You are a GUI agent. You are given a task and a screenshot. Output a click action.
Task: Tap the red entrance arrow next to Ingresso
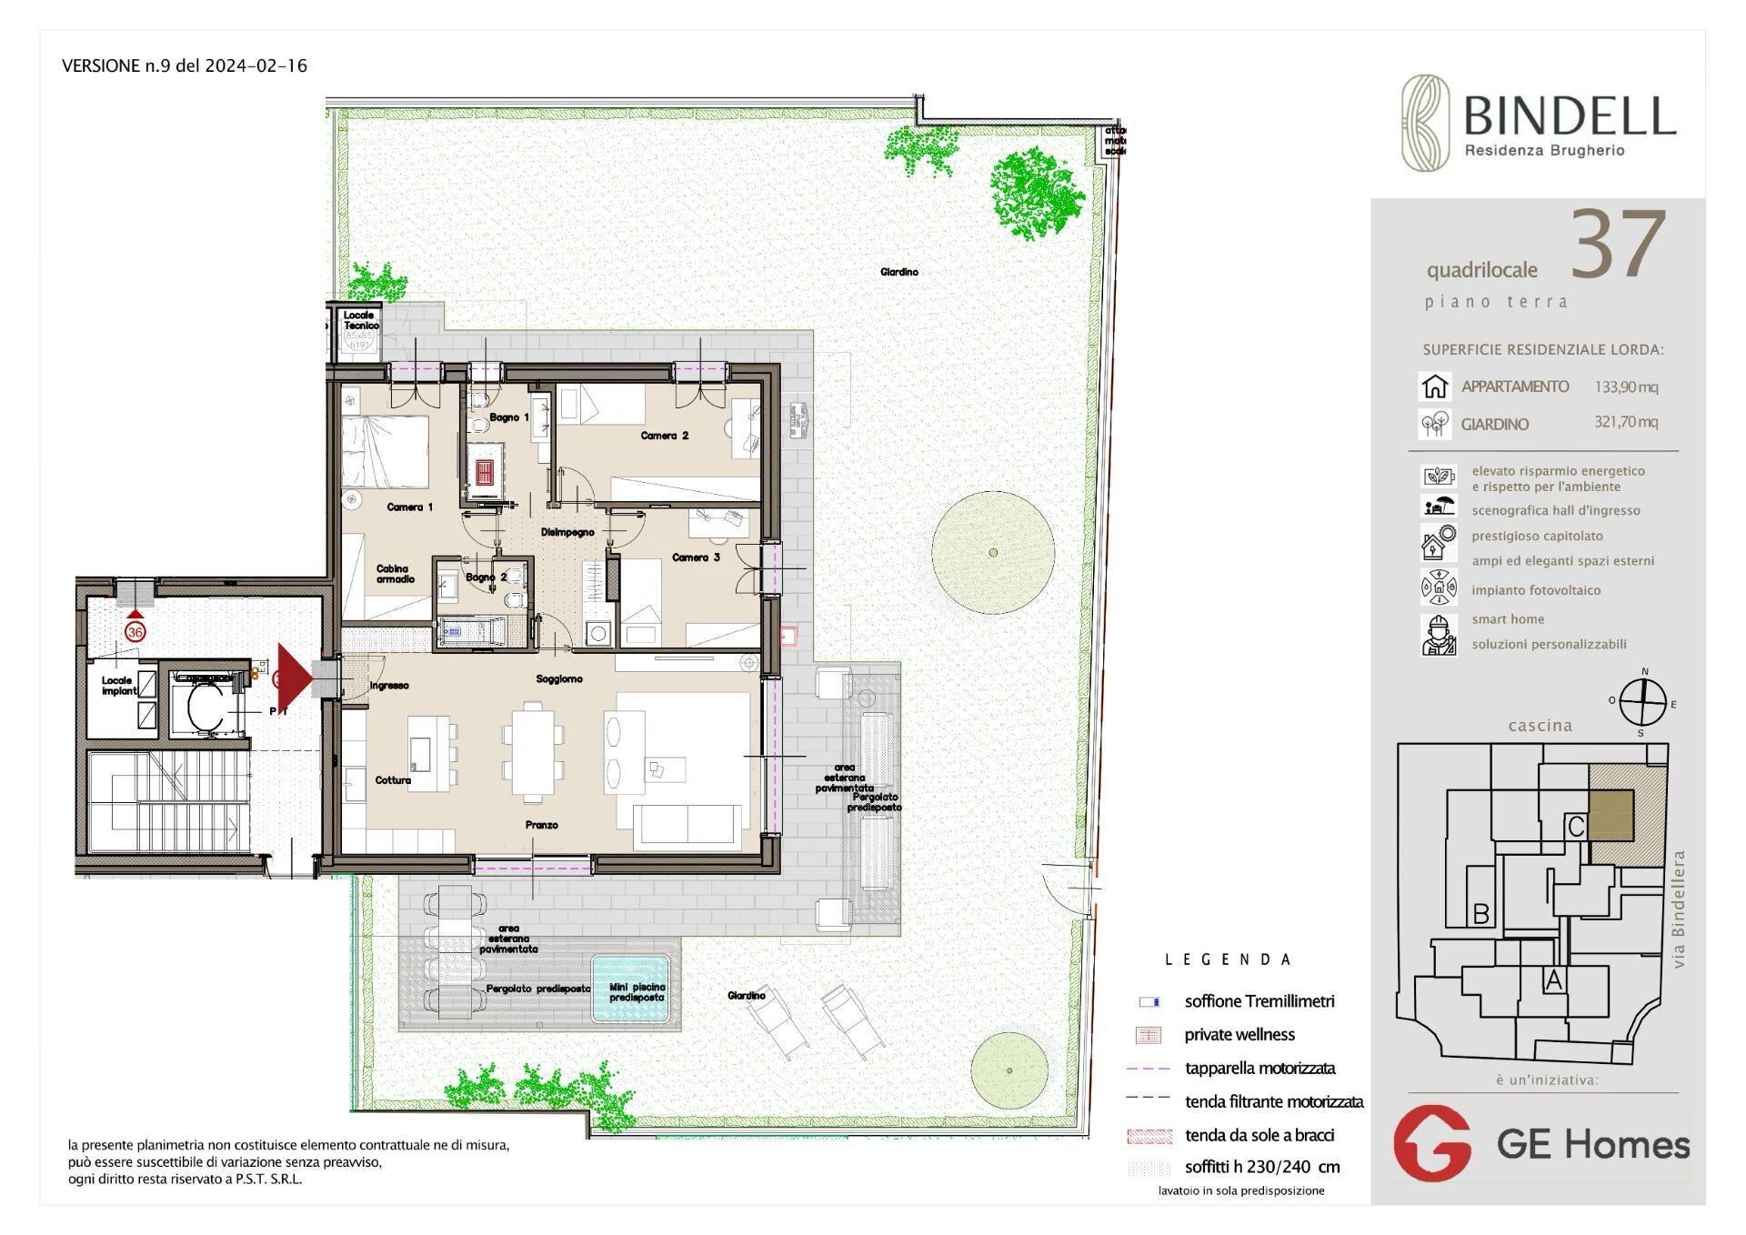[292, 678]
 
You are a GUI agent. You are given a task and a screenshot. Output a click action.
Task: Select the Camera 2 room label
[664, 436]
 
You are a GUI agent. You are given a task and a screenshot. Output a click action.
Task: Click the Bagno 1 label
[508, 417]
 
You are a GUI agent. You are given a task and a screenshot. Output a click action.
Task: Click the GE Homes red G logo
[1433, 1143]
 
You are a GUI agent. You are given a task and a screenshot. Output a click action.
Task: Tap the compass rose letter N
[1644, 672]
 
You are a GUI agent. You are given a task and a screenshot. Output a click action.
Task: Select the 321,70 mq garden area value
[1625, 422]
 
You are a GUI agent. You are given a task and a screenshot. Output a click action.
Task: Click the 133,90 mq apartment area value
[1625, 387]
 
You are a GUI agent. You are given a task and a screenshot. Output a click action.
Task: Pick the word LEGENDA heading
[1228, 959]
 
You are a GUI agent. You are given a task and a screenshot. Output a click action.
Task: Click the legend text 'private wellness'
[1239, 1035]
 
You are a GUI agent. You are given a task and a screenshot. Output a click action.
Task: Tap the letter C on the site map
[1577, 827]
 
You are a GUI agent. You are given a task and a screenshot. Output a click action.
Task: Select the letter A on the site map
[1553, 980]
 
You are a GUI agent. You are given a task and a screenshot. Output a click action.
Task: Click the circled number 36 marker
[135, 631]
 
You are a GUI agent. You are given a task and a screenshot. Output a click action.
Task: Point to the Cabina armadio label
[396, 574]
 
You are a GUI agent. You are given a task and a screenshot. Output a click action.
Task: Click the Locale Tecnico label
[360, 320]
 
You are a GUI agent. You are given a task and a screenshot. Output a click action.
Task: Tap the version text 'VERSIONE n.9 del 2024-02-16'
[185, 65]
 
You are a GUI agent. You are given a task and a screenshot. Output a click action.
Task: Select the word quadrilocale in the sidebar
[1481, 270]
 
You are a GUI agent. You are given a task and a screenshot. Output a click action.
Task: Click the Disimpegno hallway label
[567, 532]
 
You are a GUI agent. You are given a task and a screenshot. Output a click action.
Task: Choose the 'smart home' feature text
[1508, 619]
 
